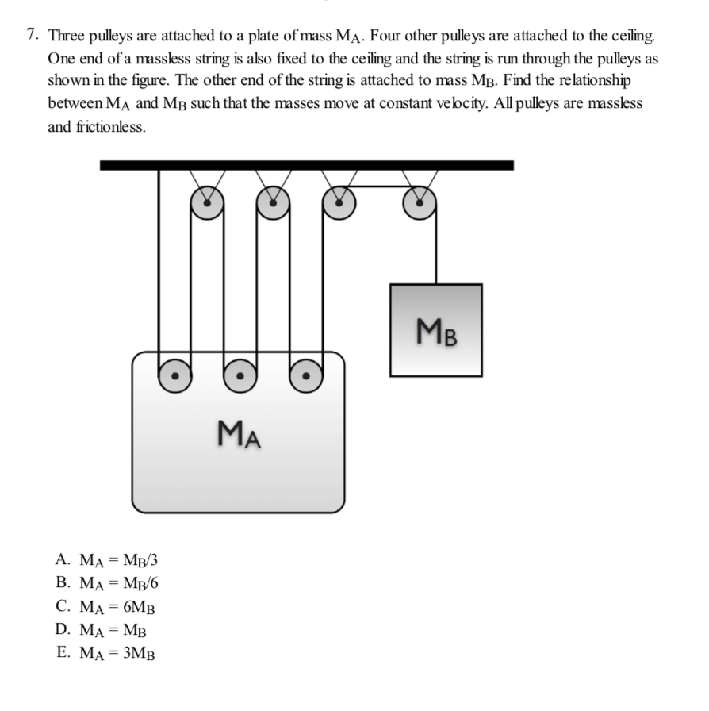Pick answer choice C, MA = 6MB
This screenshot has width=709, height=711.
107,608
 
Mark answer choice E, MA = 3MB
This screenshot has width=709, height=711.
107,654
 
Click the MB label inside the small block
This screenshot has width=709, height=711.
435,329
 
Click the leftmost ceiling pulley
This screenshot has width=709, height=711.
207,203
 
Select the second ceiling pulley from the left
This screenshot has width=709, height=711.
273,203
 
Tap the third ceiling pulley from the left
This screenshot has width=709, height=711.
339,203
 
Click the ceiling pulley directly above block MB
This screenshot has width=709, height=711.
419,203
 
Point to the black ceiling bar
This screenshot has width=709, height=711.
306,165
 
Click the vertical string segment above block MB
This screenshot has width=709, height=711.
435,250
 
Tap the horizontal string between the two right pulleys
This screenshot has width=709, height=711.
379,186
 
